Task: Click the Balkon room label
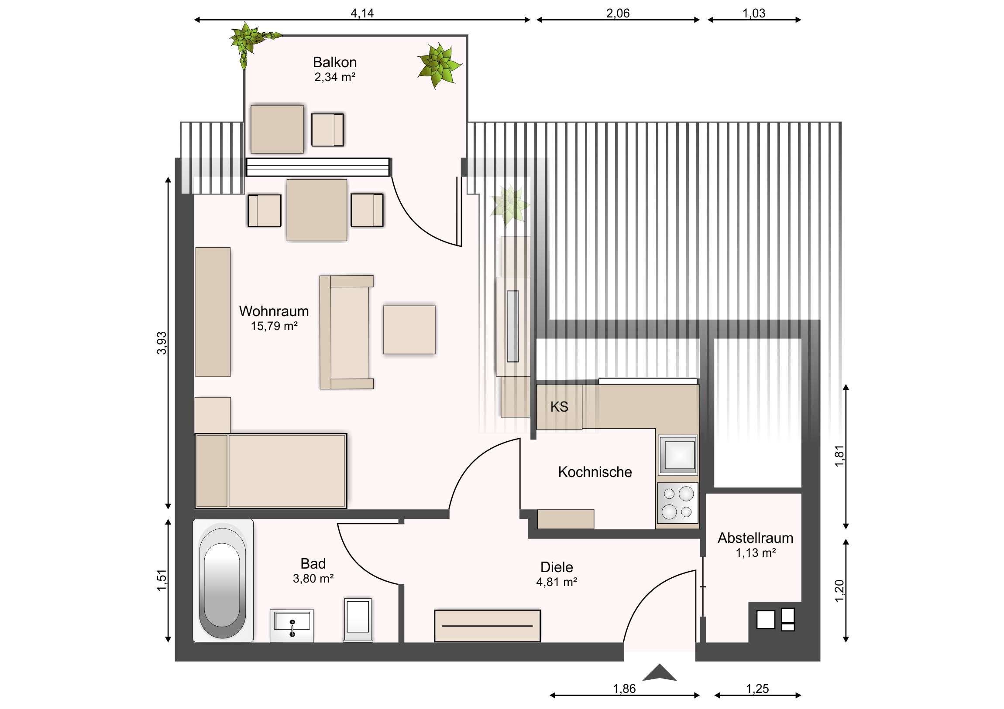click(x=334, y=62)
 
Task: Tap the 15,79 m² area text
click(x=274, y=326)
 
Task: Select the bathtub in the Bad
click(x=223, y=580)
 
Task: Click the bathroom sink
click(x=292, y=626)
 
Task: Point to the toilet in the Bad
click(x=358, y=620)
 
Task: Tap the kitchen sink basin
click(x=678, y=455)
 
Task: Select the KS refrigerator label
click(x=559, y=407)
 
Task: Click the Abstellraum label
click(x=755, y=538)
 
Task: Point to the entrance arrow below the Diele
click(x=660, y=673)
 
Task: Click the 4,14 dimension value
click(x=362, y=13)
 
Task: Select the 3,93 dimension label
click(x=162, y=343)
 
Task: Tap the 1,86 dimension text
click(x=624, y=689)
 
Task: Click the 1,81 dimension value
click(x=839, y=456)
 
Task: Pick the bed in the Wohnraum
click(x=271, y=470)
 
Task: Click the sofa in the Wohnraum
click(x=346, y=332)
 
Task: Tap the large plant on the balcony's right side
click(x=439, y=65)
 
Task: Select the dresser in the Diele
click(x=487, y=626)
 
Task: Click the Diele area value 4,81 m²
click(x=557, y=582)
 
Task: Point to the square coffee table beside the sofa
click(x=409, y=329)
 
